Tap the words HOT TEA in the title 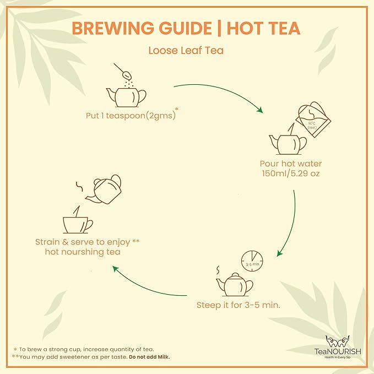[269, 28]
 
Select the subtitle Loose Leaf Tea [186, 51]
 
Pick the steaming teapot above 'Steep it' [234, 284]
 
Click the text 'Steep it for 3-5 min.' [239, 305]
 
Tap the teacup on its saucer [78, 223]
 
